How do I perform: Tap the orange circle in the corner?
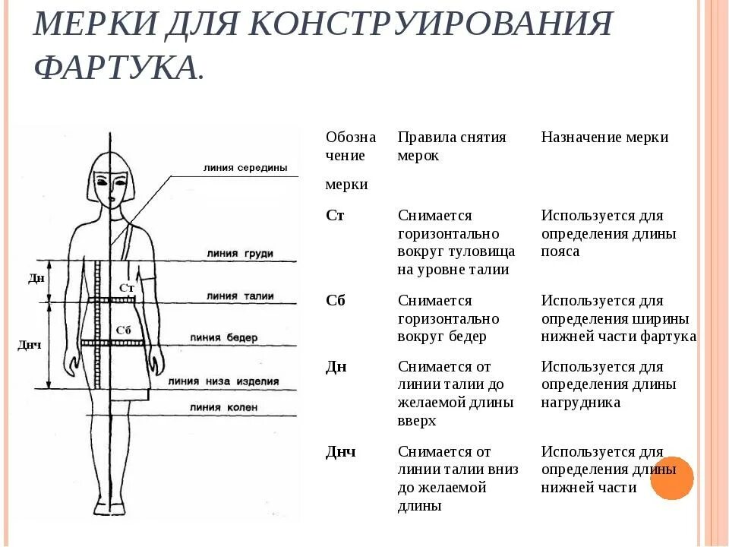coord(672,478)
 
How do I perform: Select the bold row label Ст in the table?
coord(335,215)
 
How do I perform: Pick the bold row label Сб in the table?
coord(335,300)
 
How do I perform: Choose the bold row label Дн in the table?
coord(336,366)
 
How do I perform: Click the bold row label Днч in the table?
coord(340,452)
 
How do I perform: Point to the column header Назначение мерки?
coord(604,138)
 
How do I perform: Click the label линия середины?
coord(245,168)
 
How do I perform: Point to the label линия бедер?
coord(224,337)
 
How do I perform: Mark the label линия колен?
coord(223,408)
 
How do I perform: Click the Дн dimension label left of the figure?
coord(36,278)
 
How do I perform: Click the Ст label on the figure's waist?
coord(127,288)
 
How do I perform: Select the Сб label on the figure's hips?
coord(124,330)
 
